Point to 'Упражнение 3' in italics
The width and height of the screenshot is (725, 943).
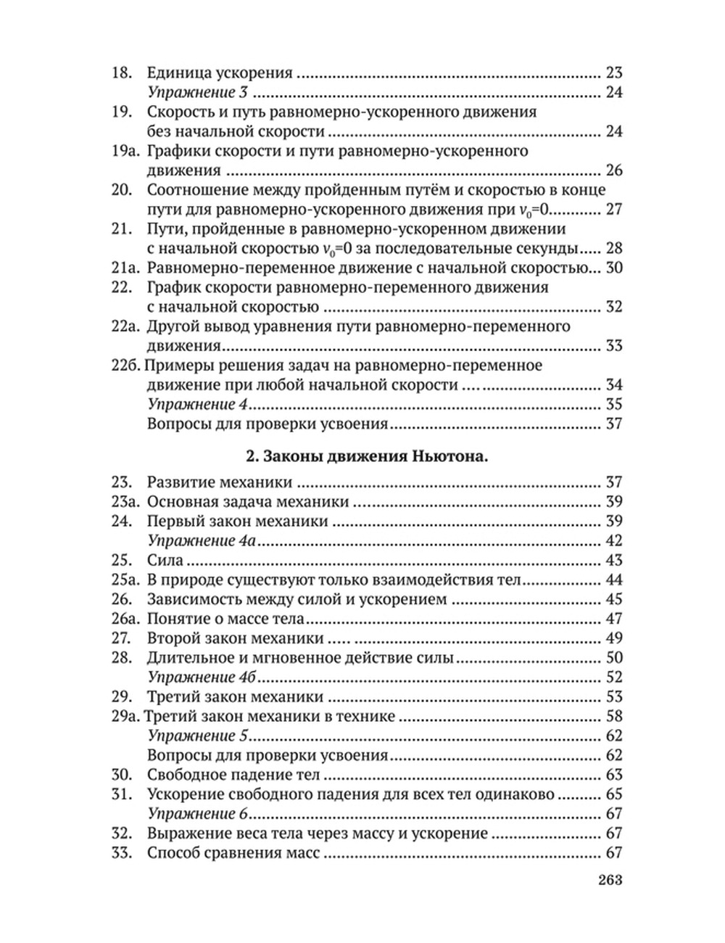click(197, 93)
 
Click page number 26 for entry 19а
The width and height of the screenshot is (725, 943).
click(613, 171)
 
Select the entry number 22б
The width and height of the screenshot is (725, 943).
click(125, 365)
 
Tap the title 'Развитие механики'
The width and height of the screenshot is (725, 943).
click(219, 482)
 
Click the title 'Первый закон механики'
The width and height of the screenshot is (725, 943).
click(238, 522)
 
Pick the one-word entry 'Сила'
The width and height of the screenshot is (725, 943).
click(165, 561)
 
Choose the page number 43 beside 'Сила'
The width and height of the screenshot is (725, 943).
click(613, 561)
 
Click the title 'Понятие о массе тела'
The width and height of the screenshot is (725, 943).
click(225, 619)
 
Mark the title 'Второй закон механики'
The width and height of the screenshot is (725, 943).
click(235, 639)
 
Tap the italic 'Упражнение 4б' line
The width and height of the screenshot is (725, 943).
click(203, 678)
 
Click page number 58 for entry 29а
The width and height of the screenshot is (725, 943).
click(613, 717)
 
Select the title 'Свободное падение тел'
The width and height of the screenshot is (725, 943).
click(233, 775)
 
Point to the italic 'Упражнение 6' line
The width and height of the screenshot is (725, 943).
click(197, 815)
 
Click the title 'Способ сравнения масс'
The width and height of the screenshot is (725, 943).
click(233, 854)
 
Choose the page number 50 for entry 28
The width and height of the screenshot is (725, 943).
click(613, 659)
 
